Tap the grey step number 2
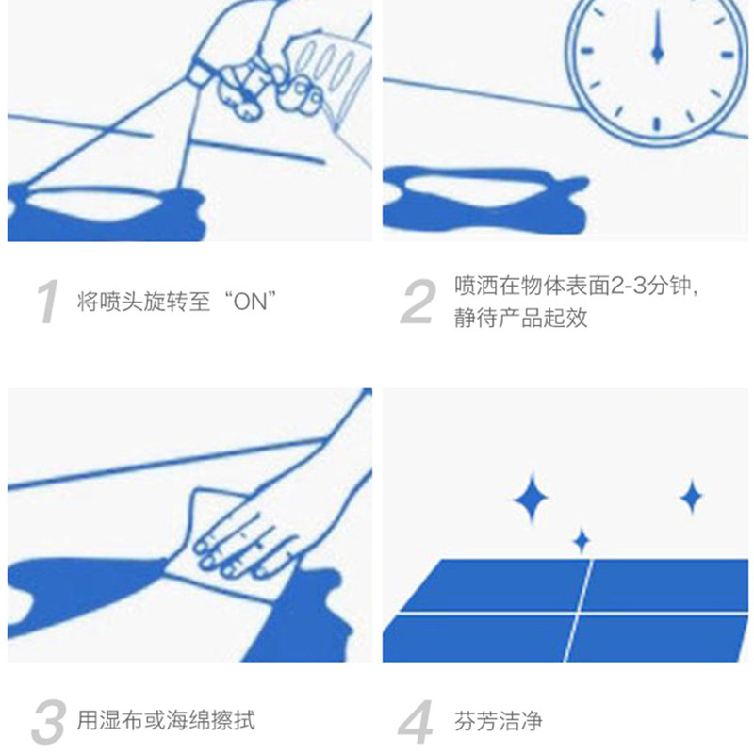coord(418,302)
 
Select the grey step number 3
coord(48,721)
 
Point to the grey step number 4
coord(416,721)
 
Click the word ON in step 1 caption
coord(250,302)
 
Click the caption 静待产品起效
coord(521,318)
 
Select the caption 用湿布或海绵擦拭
coord(166,720)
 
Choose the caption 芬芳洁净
coord(499,721)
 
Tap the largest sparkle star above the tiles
coord(532,499)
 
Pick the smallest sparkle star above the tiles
coord(582,541)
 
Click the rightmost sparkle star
coord(692,497)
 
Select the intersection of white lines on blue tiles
coord(579,614)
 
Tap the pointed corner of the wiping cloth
coord(195,490)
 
